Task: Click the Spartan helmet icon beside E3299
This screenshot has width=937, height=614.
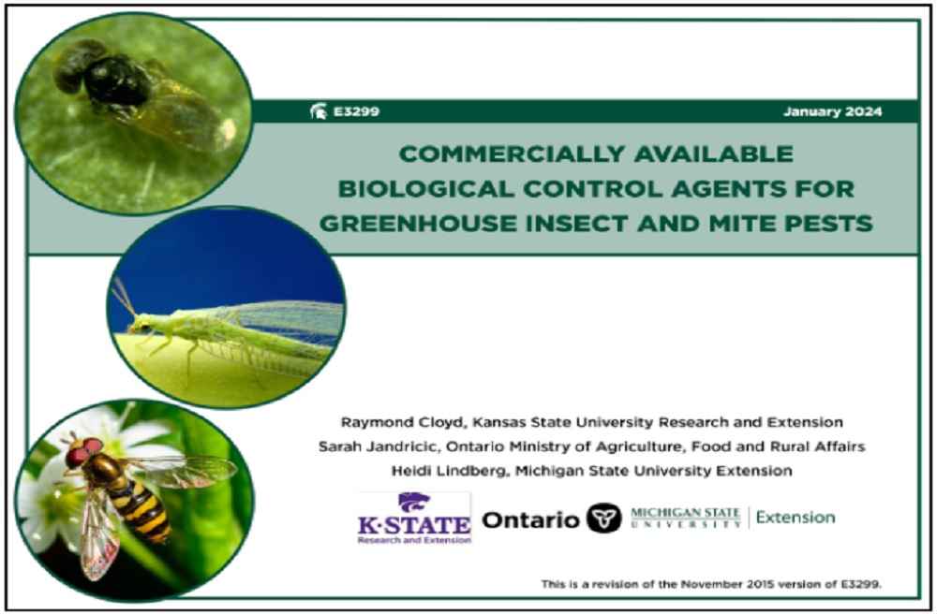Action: tap(318, 111)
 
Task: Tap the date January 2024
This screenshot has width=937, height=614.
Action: tap(832, 111)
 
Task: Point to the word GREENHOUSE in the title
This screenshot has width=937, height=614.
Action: tap(411, 224)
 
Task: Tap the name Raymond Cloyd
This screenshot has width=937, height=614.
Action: tap(402, 422)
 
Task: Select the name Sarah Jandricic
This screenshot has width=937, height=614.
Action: tap(379, 446)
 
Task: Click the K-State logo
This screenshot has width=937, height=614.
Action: tap(414, 518)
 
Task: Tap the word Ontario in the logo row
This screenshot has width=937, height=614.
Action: tap(530, 519)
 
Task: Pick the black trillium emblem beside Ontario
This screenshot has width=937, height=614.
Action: tap(603, 518)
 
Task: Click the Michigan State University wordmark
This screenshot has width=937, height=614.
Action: tap(686, 518)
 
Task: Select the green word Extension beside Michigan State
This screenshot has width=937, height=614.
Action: tap(796, 518)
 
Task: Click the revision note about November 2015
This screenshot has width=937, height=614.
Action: tap(711, 584)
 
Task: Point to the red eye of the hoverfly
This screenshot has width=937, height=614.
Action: tap(77, 457)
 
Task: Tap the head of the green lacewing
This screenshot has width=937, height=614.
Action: tap(140, 324)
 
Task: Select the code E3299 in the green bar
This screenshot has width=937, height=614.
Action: tap(356, 111)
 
